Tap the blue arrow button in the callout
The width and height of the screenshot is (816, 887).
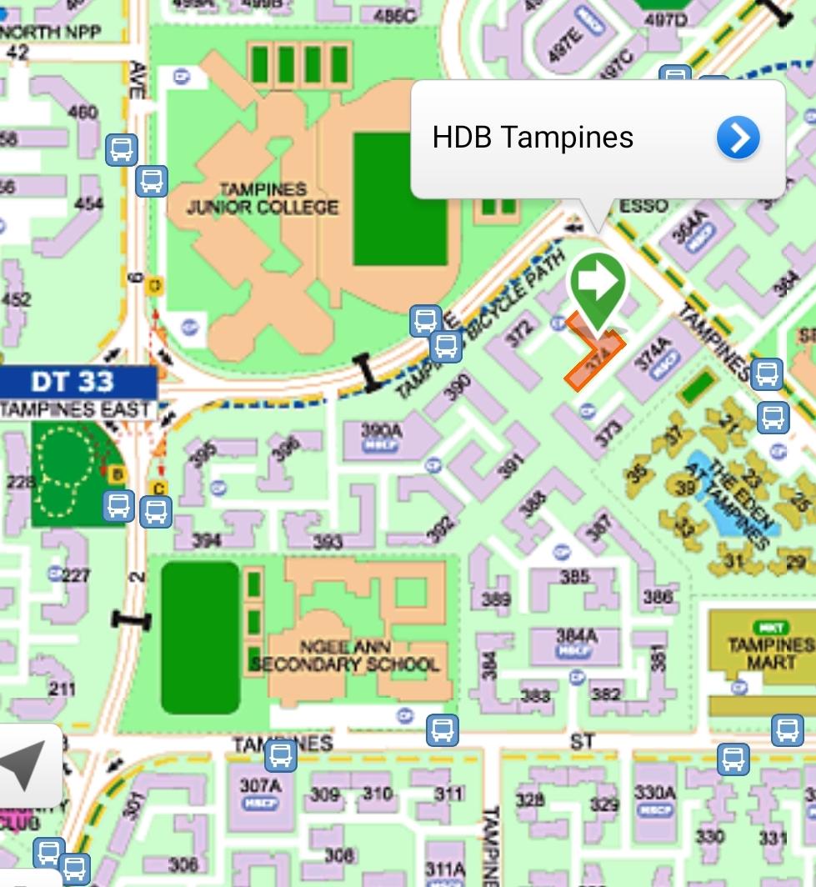[x=738, y=138]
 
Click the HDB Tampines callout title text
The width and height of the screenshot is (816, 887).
[x=533, y=138]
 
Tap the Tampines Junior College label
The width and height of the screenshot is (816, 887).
[x=263, y=198]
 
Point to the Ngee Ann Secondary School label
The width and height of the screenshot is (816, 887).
[x=345, y=656]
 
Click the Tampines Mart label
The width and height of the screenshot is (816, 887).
[x=770, y=653]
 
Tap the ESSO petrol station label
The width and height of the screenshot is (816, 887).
[x=643, y=206]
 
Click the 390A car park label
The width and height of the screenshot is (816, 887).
[x=382, y=436]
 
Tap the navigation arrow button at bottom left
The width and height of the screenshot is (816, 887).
[x=25, y=764]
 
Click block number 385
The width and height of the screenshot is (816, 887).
[x=574, y=576]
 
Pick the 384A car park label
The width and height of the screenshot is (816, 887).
[x=576, y=641]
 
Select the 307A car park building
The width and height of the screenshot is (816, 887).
[x=258, y=793]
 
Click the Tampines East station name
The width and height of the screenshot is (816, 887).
[x=76, y=409]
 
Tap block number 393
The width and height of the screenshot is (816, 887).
[x=328, y=543]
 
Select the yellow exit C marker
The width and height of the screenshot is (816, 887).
[x=158, y=489]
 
